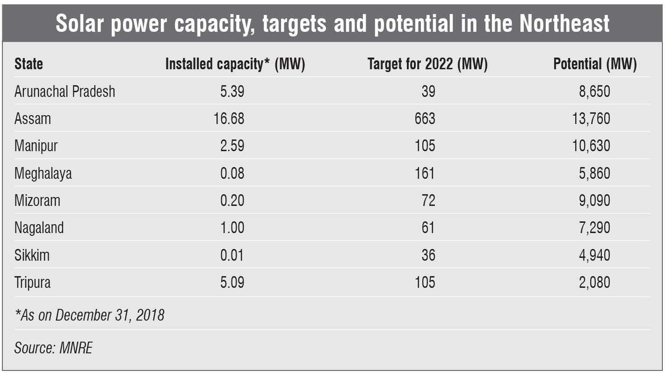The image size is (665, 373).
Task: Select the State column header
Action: pos(29,64)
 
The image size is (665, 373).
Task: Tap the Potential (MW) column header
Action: pos(595,64)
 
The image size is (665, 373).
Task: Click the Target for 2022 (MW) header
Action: pos(427,64)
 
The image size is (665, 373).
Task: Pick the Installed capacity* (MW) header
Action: pos(235,64)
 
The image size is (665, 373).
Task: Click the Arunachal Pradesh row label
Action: pos(65,91)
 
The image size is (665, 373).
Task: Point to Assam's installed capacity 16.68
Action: pos(229,118)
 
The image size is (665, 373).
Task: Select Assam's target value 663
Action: pos(425,118)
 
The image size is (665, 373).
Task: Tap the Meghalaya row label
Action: pos(43,173)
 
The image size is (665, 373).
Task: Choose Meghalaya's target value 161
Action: pos(425,173)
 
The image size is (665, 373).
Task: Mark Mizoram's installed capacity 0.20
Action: pos(232,200)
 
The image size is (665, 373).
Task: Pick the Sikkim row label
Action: pos(32,255)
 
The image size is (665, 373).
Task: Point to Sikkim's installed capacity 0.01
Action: pos(232,255)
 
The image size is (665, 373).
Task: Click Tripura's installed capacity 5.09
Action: pos(232,282)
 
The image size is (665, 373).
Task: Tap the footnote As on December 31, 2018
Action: pos(89,315)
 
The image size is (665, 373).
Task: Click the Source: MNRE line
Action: pos(53,348)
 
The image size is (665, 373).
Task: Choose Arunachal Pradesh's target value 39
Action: pos(428,91)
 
